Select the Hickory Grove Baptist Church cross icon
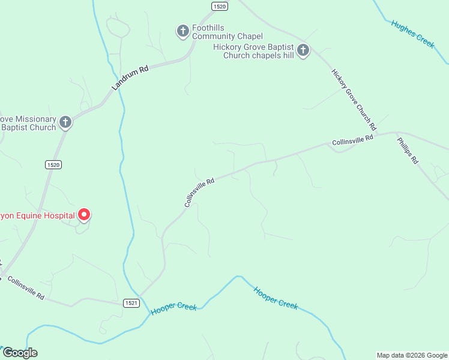(303, 50)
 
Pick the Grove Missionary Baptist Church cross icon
(65, 123)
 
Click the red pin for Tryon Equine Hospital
(85, 214)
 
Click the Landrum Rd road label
(130, 79)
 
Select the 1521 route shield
(132, 303)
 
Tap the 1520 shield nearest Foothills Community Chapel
(220, 6)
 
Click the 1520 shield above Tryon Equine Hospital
(53, 164)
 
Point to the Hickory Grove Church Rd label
(354, 100)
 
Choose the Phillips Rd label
(408, 151)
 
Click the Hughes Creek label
(412, 34)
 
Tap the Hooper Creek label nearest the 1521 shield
(174, 308)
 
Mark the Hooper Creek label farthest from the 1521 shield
(276, 298)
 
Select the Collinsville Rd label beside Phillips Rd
(352, 140)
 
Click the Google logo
(20, 353)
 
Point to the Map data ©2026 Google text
(412, 355)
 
